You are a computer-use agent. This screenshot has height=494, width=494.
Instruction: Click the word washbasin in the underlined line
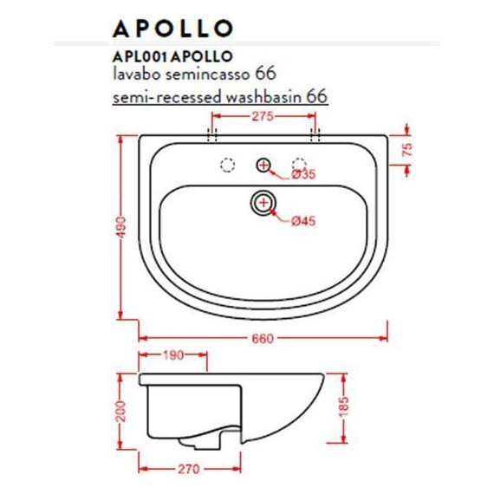[263, 96]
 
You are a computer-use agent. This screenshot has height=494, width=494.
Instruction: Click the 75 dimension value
[407, 149]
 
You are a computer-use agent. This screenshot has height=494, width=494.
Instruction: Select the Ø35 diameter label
[302, 174]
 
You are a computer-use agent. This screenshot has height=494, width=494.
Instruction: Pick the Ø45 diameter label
[302, 222]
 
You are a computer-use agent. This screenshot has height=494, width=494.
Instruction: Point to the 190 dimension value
[173, 355]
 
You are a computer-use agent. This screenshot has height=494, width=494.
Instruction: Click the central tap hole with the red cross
[263, 164]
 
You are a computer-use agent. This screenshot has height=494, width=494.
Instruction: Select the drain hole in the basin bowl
[263, 203]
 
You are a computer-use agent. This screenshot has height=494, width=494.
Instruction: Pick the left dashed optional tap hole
[229, 164]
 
